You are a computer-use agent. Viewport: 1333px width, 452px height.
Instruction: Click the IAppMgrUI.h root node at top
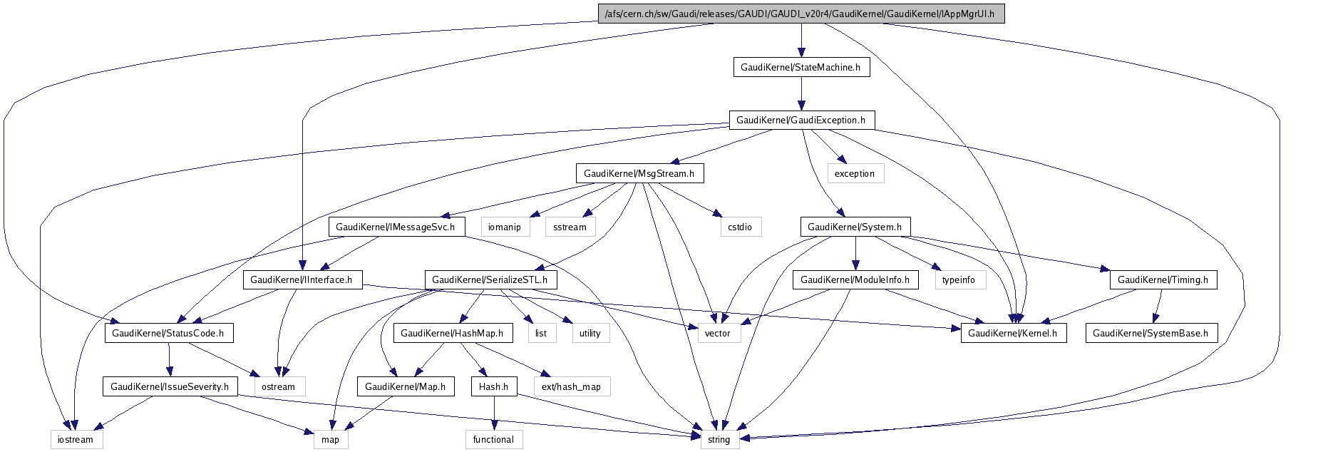point(801,14)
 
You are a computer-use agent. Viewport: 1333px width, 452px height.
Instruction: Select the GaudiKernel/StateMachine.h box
point(801,67)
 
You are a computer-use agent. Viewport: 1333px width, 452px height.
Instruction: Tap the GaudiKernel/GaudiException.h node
point(801,120)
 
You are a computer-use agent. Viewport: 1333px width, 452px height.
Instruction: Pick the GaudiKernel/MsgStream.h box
point(639,173)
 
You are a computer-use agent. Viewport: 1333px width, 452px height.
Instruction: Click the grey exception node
point(855,173)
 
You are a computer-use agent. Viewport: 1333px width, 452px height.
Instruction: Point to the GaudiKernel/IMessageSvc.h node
point(396,227)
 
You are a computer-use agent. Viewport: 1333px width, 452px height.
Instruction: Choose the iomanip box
point(505,227)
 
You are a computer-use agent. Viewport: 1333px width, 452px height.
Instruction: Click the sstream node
point(570,227)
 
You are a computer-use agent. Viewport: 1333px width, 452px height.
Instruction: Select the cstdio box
point(740,227)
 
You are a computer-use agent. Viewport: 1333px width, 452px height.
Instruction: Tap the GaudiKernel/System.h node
point(855,227)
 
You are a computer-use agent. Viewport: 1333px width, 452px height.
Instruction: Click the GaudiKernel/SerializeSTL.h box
point(490,279)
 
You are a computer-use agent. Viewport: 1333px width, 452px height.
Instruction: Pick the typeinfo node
point(959,279)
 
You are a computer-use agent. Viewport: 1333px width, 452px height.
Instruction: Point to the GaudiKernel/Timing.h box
point(1163,279)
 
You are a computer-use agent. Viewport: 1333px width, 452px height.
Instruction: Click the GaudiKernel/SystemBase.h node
point(1151,333)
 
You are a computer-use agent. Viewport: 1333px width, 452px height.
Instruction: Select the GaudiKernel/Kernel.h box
point(1013,333)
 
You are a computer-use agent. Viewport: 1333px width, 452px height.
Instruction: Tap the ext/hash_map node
point(572,386)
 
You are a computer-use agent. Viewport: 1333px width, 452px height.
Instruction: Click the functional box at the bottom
point(493,439)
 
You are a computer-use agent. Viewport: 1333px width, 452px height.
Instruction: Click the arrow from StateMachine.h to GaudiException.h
point(801,93)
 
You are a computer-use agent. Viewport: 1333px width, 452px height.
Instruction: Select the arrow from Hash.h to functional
point(493,413)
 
